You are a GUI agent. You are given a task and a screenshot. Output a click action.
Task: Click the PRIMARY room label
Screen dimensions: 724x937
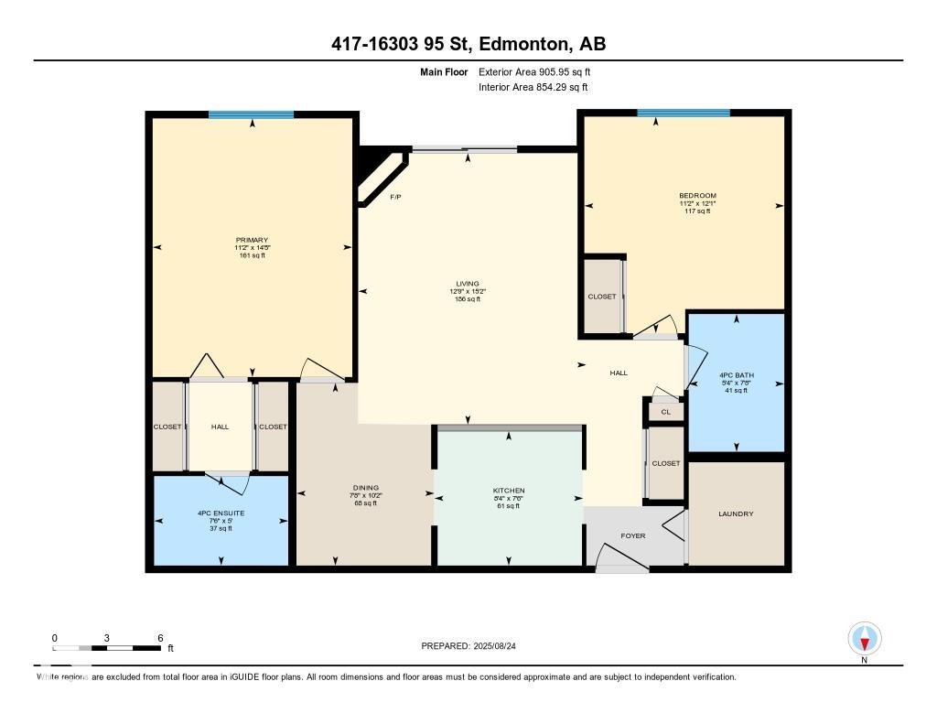point(251,240)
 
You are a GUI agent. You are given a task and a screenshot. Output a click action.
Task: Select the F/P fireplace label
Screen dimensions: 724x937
point(395,198)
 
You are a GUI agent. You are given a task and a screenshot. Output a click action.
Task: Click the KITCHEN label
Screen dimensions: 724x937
point(509,491)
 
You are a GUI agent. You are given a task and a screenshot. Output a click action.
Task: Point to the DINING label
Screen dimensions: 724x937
point(366,488)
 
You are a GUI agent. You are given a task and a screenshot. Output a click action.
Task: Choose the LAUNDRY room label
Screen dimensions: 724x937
point(736,513)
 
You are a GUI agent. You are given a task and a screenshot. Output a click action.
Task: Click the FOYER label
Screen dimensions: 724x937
point(633,535)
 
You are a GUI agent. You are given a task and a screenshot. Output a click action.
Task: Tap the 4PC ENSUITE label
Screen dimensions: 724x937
point(221,513)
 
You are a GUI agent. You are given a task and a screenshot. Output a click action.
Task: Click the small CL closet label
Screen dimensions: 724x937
point(666,413)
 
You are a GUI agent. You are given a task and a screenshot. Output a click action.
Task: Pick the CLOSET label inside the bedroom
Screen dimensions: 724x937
point(602,297)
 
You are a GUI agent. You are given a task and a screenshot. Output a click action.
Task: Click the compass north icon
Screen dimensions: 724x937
point(864,638)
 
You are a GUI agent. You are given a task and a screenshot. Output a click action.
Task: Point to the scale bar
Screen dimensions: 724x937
point(108,648)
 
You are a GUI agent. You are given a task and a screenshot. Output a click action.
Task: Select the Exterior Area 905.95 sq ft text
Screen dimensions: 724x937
point(541,71)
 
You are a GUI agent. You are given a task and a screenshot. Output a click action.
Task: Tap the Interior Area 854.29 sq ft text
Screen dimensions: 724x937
point(533,88)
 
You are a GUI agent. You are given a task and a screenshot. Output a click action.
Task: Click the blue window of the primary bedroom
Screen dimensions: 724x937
point(251,114)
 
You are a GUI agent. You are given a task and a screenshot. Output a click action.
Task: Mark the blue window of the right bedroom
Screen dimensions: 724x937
point(684,113)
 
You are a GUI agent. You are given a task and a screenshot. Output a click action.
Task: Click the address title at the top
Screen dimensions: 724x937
point(468,44)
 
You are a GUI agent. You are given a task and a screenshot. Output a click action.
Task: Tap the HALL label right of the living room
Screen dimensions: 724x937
point(619,373)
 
